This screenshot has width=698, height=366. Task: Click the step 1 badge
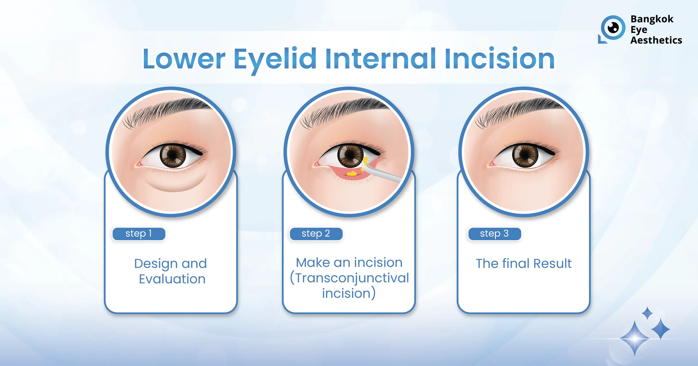139,234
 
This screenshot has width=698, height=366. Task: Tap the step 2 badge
316,234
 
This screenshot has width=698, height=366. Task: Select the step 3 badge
494,234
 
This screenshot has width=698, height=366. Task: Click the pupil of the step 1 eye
173,155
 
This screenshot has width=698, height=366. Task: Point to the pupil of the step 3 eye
525,155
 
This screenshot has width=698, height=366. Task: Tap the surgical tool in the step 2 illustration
382,173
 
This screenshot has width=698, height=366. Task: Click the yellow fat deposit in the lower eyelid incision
352,173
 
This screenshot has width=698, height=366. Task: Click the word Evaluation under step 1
172,279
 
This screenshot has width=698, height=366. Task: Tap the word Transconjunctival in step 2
352,278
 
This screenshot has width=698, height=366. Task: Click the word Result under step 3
553,264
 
